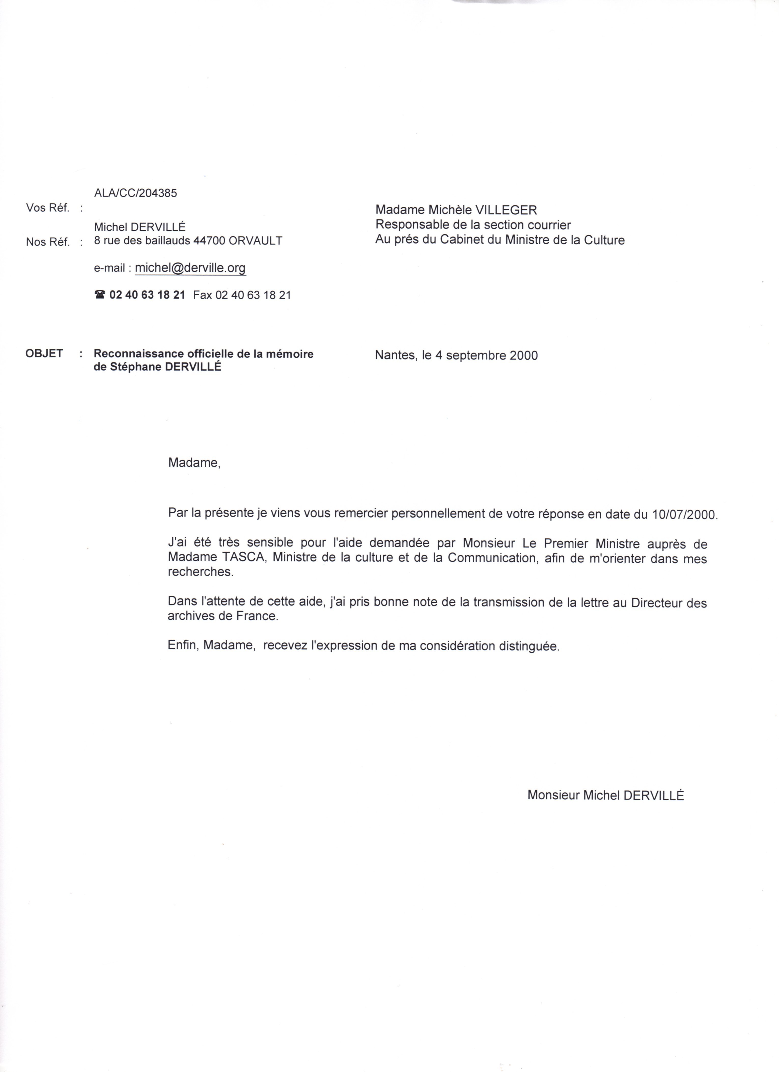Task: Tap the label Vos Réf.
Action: pyautogui.click(x=47, y=208)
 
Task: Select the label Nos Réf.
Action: pyautogui.click(x=47, y=242)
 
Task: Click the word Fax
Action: pyautogui.click(x=203, y=295)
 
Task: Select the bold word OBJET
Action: pyautogui.click(x=44, y=354)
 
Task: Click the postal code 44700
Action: pyautogui.click(x=210, y=241)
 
